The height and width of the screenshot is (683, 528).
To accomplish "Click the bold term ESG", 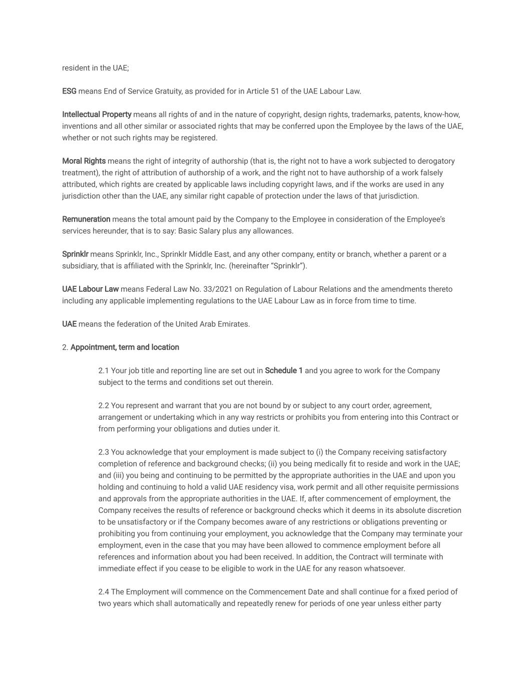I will click(69, 91).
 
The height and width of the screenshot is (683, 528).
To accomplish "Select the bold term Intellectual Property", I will click(97, 115).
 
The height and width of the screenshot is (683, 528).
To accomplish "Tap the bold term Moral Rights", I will click(84, 161).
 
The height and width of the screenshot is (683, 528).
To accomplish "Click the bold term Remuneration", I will click(86, 219).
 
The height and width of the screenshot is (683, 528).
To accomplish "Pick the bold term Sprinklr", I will click(75, 254).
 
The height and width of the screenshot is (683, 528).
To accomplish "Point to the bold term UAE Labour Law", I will click(90, 289).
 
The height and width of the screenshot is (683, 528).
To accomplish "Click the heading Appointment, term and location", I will click(125, 347).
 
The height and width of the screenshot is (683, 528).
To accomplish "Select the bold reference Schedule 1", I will click(284, 371).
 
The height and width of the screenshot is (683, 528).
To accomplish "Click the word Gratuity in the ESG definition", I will click(167, 91).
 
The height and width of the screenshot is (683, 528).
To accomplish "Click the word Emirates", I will click(235, 324).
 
